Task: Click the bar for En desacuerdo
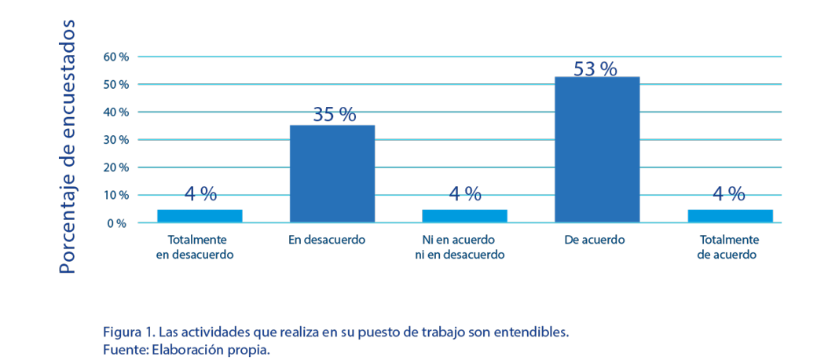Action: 332,173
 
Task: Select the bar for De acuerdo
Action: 596,149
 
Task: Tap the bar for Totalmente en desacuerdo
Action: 199,215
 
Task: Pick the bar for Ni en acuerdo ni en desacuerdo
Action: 464,215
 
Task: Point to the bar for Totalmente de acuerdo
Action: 730,215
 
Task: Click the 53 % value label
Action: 595,69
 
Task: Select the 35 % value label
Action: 334,115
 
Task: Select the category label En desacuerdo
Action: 328,240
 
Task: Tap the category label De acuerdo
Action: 595,240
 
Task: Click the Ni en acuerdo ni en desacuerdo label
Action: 460,247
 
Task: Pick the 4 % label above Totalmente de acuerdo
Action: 729,194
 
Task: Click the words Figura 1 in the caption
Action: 123,332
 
